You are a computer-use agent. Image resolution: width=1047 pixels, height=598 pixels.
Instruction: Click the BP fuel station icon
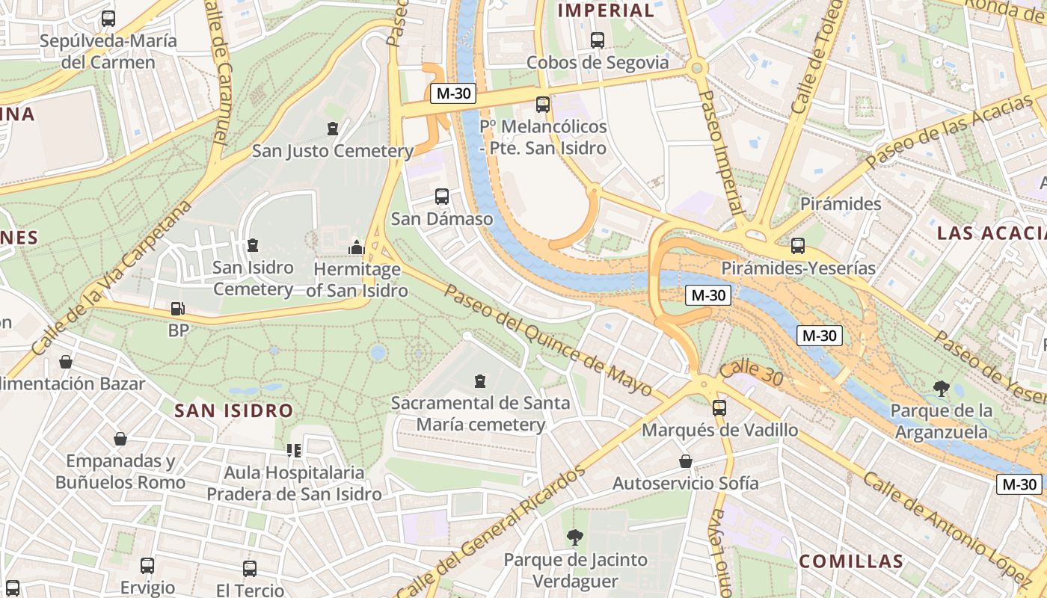(x=178, y=308)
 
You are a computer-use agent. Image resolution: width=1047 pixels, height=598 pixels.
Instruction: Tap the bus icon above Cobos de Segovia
(x=597, y=40)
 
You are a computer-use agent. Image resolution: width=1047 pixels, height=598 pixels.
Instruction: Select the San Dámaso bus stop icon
(x=442, y=197)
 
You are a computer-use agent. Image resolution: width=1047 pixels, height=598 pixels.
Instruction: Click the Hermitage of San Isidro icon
(x=356, y=247)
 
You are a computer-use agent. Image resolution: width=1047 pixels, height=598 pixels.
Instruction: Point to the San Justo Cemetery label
(x=332, y=151)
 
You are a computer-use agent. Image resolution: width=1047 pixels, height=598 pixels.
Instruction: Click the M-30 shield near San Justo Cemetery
(x=453, y=93)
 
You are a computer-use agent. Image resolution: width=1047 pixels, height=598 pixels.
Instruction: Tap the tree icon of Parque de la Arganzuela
(x=941, y=388)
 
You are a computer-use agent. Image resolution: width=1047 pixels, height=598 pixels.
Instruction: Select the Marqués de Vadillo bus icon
(x=719, y=408)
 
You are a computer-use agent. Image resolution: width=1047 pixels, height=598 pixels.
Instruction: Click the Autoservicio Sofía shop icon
(x=685, y=461)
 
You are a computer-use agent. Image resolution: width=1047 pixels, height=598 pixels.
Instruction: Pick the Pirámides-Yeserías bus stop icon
(x=798, y=245)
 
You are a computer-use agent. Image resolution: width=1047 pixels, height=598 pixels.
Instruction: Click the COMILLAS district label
(x=851, y=561)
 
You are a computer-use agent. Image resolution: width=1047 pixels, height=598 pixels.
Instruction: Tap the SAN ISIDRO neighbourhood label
(x=233, y=410)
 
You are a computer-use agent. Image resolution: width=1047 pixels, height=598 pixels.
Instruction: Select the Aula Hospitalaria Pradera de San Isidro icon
(x=294, y=451)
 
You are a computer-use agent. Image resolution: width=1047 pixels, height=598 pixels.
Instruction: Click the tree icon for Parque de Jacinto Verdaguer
(x=574, y=537)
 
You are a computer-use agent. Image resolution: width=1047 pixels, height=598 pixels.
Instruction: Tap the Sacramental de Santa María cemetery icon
(x=480, y=381)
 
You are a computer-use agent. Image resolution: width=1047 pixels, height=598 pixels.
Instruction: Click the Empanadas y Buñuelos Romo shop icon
(x=120, y=439)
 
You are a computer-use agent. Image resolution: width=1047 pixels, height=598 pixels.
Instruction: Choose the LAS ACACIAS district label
(x=991, y=233)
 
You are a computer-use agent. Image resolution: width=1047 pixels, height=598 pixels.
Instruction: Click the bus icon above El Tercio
(x=249, y=568)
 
